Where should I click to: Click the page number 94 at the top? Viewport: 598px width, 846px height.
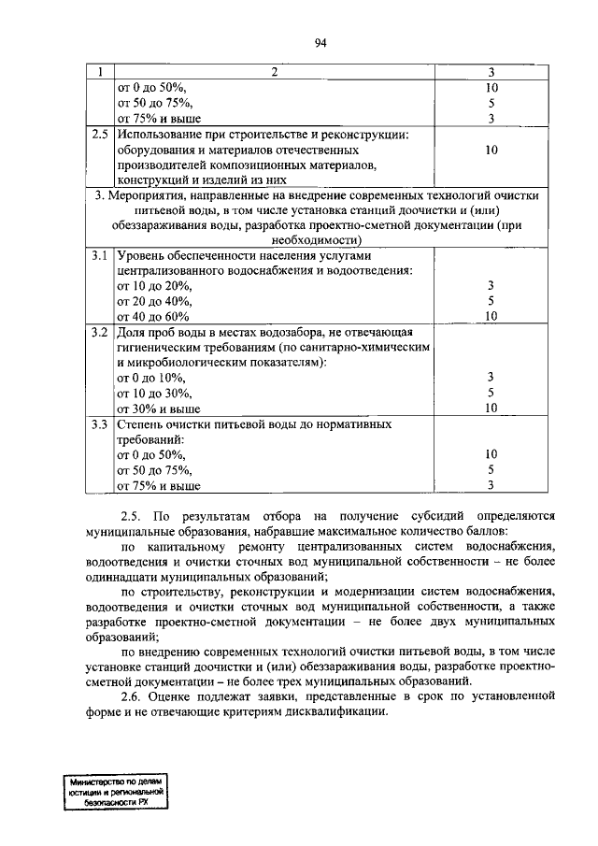[321, 43]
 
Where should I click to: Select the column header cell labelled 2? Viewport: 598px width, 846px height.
[275, 73]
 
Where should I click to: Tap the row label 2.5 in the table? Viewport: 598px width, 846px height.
[99, 134]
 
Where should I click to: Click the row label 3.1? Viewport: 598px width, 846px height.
[99, 255]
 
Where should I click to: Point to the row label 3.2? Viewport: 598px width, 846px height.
[99, 332]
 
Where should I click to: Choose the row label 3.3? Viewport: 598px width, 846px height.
[99, 423]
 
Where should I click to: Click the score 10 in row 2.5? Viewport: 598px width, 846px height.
[492, 150]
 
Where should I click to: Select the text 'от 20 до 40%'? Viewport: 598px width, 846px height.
[154, 301]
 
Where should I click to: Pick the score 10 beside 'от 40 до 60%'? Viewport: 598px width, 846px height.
[491, 316]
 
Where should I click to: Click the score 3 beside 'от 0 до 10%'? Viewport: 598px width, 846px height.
[491, 377]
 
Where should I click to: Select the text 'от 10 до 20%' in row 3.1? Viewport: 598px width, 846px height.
[154, 285]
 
